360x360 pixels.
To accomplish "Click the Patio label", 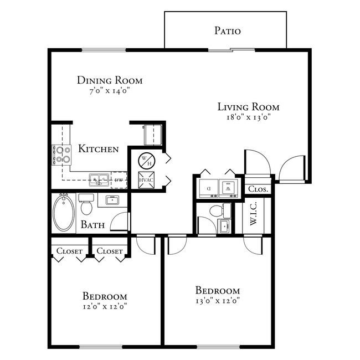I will pos(227,30).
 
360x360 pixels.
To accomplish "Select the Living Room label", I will pos(248,107).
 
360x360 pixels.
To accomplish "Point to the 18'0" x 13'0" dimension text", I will pos(248,117).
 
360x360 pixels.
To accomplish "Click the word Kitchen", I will pos(98,149).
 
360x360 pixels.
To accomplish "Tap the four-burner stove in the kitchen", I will pos(61,155).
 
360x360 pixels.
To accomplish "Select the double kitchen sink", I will pos(100,180).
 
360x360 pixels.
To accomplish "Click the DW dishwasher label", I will pos(119,181).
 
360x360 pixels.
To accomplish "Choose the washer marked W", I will pos(228,188).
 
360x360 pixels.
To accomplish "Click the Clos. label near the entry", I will pos(258,189).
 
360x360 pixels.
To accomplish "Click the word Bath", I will pos(92,225).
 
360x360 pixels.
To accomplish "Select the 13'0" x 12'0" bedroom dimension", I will pos(217,301).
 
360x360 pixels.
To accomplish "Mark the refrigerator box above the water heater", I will pos(152,135).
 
